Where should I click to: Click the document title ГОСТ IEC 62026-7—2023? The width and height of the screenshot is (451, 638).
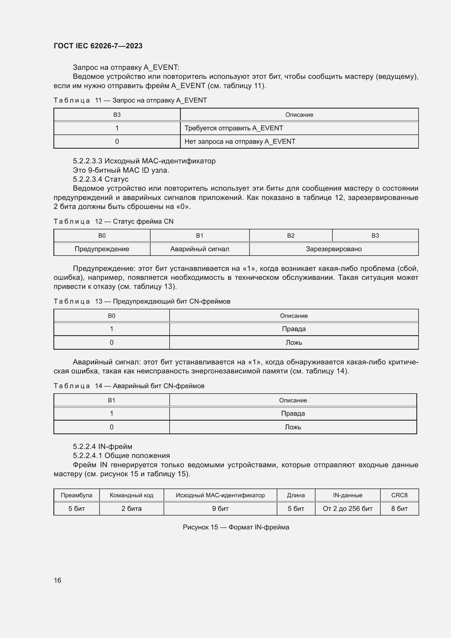98,46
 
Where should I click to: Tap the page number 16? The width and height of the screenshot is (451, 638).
58,580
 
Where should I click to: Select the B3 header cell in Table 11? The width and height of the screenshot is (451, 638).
117,115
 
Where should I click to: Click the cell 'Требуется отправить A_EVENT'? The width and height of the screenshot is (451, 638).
234,128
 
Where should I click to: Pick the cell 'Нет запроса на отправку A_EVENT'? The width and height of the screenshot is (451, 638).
240,142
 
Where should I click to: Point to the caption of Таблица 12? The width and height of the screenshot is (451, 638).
113,221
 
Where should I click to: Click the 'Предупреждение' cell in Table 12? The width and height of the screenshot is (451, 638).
102,249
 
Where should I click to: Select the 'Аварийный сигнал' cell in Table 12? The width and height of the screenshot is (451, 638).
200,249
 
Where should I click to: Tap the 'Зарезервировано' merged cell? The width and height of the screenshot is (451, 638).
334,249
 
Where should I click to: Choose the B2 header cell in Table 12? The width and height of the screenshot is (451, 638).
291,236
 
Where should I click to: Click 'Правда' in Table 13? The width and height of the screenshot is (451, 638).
294,329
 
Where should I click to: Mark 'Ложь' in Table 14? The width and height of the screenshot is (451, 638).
293,427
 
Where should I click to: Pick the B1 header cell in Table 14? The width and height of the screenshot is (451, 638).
111,400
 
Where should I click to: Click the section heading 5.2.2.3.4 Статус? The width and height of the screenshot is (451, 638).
101,179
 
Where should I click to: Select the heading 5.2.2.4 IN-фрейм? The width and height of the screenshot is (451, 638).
103,446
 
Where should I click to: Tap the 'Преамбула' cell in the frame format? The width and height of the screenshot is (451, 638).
76,495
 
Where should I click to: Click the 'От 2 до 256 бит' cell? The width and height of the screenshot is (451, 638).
347,508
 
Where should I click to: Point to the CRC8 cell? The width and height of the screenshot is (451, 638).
399,495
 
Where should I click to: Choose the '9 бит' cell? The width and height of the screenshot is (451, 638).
220,508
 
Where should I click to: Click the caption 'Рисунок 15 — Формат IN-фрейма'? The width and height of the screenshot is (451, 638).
236,527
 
